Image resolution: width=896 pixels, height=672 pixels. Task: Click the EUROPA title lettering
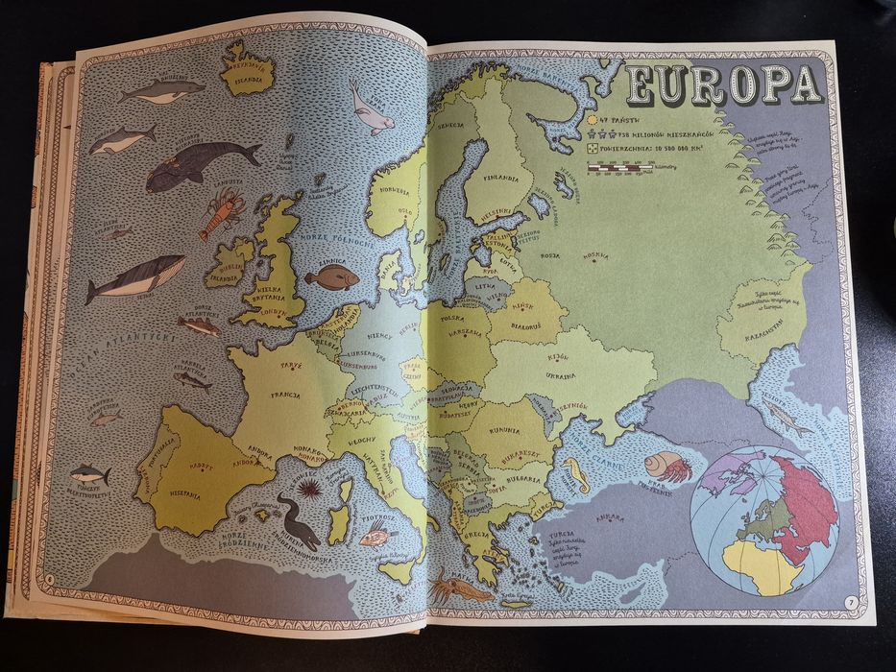pyautogui.click(x=723, y=86)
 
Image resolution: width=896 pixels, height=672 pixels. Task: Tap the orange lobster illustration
pyautogui.click(x=221, y=212)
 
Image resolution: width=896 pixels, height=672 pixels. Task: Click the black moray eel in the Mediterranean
pyautogui.click(x=299, y=519)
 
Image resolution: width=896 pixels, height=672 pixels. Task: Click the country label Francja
pyautogui.click(x=285, y=394)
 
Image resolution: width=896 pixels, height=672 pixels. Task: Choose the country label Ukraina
pyautogui.click(x=561, y=376)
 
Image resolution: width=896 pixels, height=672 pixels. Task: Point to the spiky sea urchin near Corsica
pyautogui.click(x=308, y=492)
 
